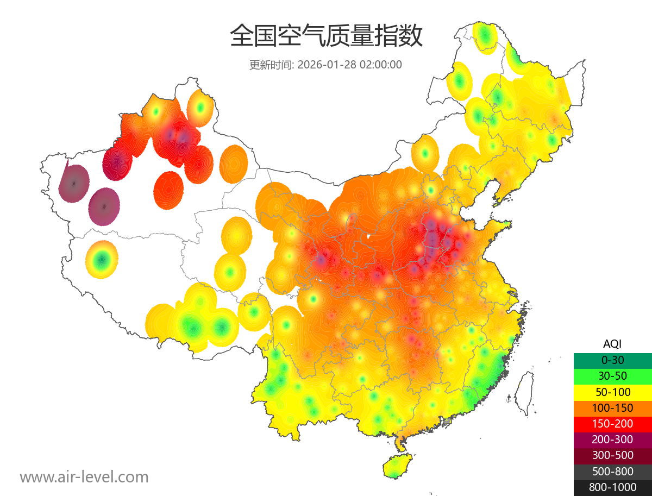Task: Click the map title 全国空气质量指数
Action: [326, 36]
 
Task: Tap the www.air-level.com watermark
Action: [84, 477]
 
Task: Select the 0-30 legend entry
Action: [612, 360]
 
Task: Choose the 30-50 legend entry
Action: [612, 375]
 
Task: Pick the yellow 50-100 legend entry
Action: [612, 392]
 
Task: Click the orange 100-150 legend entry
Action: [612, 407]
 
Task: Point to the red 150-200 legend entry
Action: [612, 424]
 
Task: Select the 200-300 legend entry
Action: [612, 440]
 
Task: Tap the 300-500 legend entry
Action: [612, 455]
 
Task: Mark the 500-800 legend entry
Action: [612, 472]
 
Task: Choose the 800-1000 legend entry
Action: [612, 487]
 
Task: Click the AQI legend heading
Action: [612, 344]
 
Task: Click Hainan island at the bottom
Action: [398, 467]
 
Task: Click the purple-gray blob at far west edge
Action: [74, 184]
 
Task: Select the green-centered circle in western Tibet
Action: [102, 260]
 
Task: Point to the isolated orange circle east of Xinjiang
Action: [234, 163]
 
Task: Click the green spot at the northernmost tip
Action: [485, 36]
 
